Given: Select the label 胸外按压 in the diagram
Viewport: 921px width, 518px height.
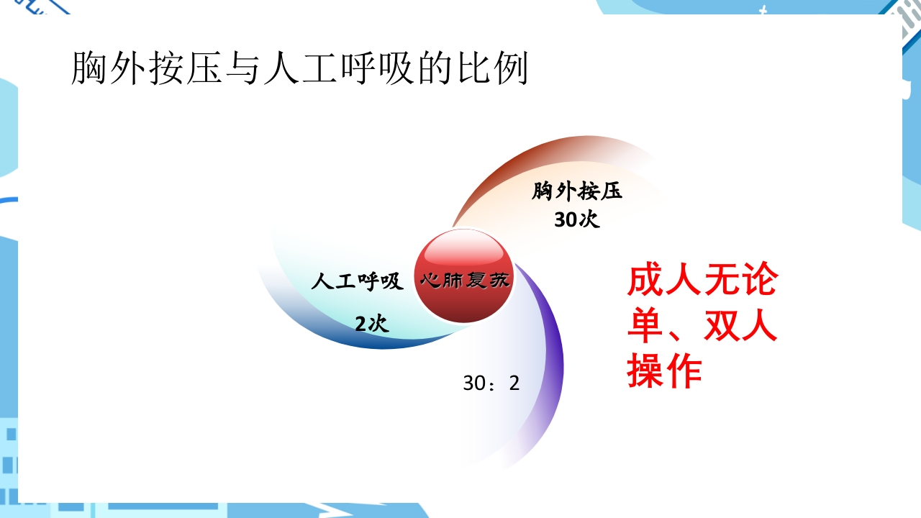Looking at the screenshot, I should tap(577, 192).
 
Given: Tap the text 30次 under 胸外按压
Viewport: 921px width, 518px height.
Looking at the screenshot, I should tap(577, 220).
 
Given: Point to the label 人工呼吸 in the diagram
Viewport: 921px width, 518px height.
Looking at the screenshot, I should tap(357, 281).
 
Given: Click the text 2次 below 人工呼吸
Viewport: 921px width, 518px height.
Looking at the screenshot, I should tap(371, 324).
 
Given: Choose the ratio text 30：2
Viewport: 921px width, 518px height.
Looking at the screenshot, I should tap(491, 383).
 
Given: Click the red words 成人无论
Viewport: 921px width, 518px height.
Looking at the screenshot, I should tap(702, 281).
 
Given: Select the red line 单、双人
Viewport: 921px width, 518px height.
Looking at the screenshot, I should tap(702, 326).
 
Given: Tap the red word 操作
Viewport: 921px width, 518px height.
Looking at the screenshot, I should tap(664, 372).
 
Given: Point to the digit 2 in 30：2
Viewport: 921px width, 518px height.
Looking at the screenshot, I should tap(514, 383).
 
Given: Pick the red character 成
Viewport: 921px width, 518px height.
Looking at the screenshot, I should tap(645, 281).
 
